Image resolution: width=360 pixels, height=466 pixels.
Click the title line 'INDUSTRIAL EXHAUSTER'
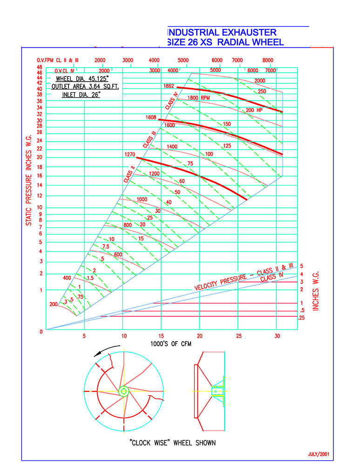(223, 32)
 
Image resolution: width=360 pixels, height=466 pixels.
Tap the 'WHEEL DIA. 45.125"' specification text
(82, 79)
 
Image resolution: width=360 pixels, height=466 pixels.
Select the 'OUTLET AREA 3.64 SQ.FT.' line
(85, 87)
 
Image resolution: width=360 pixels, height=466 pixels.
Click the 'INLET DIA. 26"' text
(81, 95)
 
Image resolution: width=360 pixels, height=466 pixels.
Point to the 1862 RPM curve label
(169, 86)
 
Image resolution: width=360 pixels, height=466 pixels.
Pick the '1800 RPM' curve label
(198, 98)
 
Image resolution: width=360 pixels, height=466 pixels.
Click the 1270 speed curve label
(130, 154)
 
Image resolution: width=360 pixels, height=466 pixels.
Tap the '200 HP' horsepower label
(254, 110)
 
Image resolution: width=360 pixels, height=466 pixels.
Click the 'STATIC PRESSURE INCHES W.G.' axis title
(28, 180)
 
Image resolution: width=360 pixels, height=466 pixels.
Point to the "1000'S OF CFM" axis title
(171, 344)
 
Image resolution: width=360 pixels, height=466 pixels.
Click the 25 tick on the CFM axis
(239, 336)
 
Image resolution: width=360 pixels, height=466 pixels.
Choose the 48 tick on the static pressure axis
(40, 68)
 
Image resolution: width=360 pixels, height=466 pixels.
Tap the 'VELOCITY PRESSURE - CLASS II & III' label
(244, 277)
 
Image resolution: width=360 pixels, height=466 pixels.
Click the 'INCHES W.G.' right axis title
(315, 291)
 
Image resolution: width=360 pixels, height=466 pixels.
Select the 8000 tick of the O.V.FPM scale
(268, 60)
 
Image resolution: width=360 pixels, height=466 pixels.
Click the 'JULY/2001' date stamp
(319, 454)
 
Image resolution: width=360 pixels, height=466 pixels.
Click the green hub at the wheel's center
(123, 391)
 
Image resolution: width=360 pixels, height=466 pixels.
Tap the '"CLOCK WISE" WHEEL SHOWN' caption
(173, 443)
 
